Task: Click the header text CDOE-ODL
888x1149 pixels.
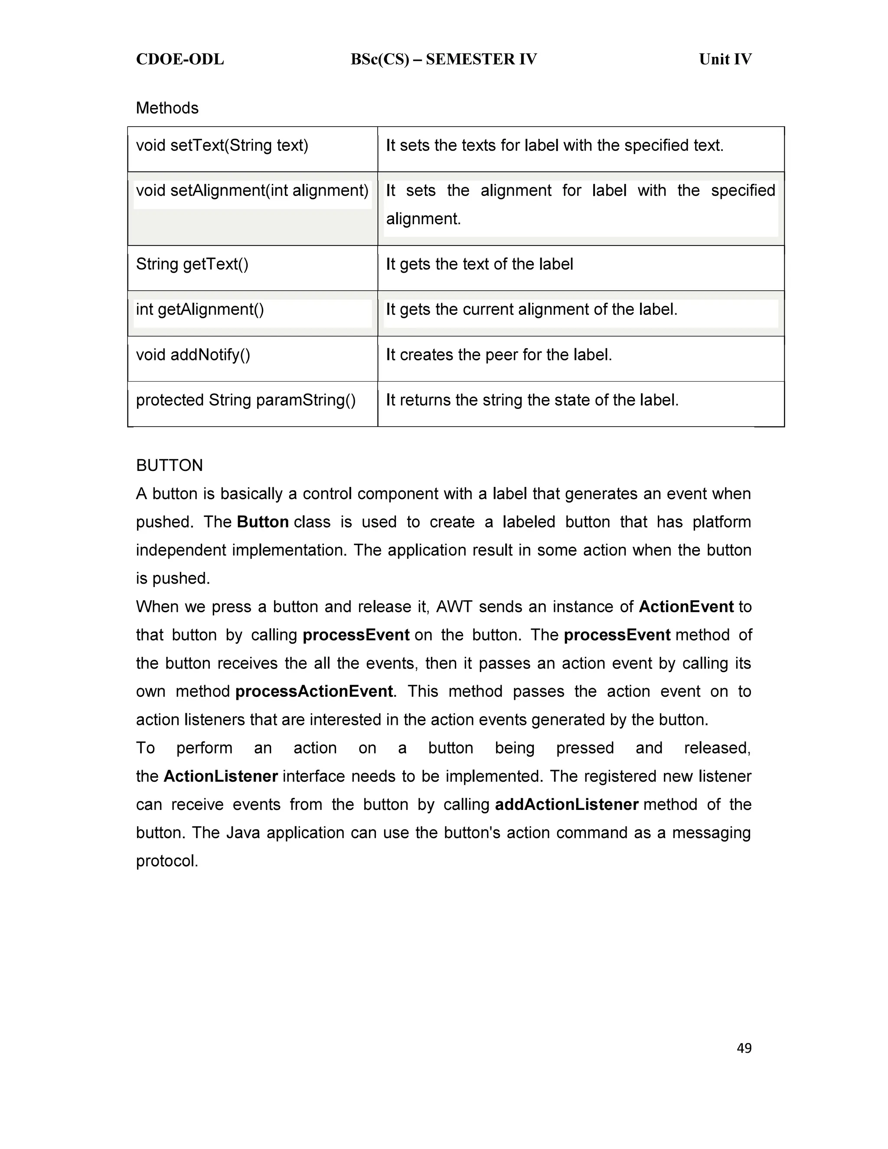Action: (x=180, y=59)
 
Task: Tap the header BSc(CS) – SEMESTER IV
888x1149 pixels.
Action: (x=444, y=59)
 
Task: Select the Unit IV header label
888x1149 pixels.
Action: (x=725, y=59)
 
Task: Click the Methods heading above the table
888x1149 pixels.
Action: (x=167, y=108)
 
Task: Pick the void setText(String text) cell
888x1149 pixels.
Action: (x=222, y=145)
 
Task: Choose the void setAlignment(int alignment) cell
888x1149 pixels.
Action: (x=252, y=190)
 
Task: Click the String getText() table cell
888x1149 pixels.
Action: (x=192, y=264)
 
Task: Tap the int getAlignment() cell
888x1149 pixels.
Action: (x=200, y=309)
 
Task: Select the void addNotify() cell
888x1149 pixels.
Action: (x=193, y=355)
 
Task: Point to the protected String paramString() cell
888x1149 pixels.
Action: (x=246, y=400)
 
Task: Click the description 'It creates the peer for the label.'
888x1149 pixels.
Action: (x=499, y=355)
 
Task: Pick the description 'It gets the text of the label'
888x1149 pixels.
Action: (x=479, y=264)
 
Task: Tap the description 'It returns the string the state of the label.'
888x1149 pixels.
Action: (x=532, y=400)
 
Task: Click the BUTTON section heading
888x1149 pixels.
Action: (x=170, y=466)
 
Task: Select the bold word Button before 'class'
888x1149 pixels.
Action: (x=262, y=522)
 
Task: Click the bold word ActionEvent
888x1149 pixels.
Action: (x=686, y=607)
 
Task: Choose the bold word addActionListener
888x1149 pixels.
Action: (x=567, y=804)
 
